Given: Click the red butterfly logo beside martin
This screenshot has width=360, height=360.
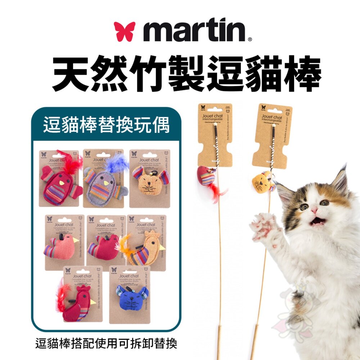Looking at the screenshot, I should (125, 31).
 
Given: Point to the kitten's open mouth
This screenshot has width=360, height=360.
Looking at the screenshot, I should (318, 221).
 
